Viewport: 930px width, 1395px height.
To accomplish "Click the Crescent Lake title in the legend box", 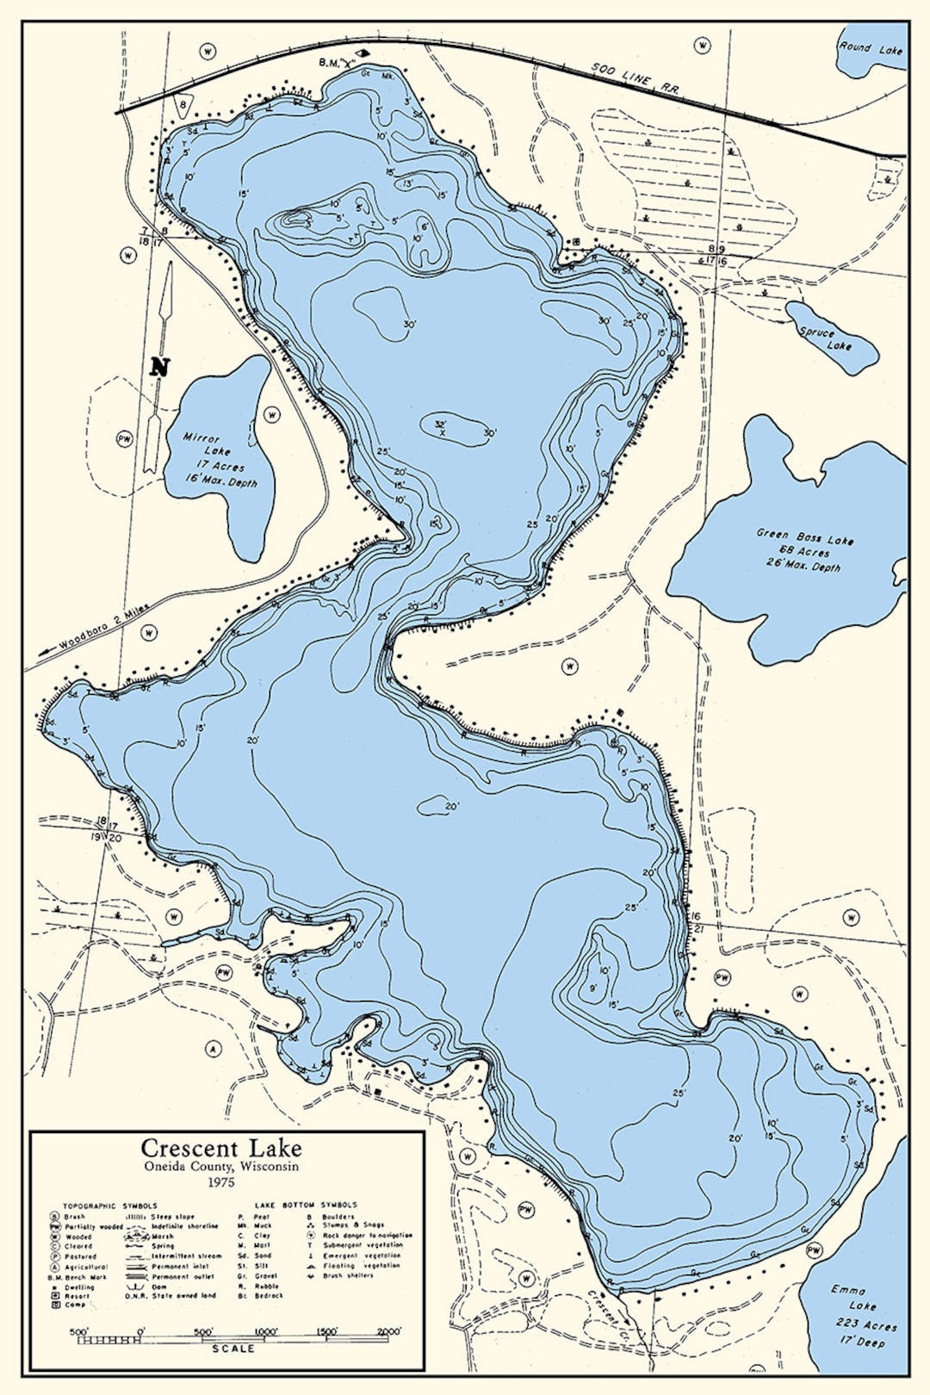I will (221, 1148).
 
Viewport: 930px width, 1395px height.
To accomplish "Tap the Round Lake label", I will (871, 49).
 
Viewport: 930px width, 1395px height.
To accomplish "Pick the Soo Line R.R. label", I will (635, 77).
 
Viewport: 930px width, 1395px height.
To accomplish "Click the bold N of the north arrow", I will (159, 367).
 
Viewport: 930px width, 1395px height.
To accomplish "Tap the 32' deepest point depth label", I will (441, 424).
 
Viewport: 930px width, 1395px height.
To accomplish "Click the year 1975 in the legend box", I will (221, 1182).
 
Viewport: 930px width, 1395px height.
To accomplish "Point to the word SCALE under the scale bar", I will (233, 1348).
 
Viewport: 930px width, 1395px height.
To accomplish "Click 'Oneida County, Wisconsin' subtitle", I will (221, 1166).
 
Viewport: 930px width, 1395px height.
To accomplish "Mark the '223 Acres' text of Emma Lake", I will (865, 1325).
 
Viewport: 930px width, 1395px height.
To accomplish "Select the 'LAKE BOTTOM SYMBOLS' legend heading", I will (306, 1205).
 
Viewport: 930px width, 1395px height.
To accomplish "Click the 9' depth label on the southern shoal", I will (593, 989).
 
